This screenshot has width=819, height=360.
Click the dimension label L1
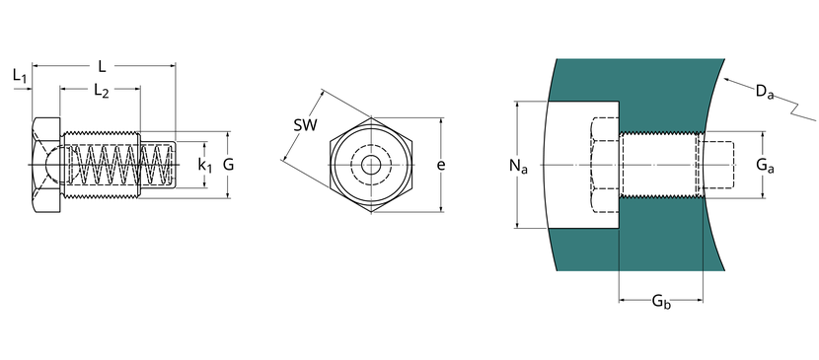coord(20,76)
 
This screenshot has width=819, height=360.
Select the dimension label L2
coord(102,91)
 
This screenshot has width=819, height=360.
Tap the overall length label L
coord(103,66)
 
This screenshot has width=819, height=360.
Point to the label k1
coord(205,166)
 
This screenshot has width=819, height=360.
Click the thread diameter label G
coord(228,165)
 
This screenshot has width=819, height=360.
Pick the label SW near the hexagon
coord(305,125)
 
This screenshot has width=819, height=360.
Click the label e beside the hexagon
coord(441,166)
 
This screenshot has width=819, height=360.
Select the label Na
coord(518,166)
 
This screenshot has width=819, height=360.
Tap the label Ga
coord(765,166)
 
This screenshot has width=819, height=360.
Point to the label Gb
coord(661,302)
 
